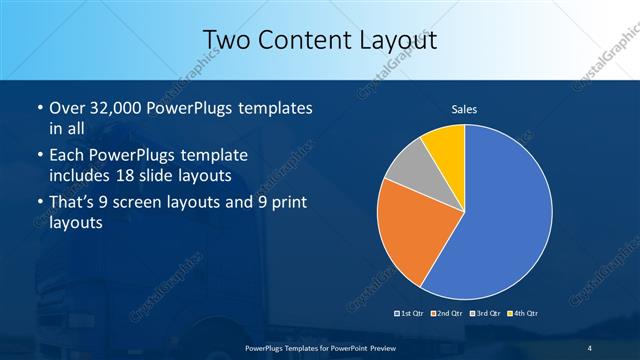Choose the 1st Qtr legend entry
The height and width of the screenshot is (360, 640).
click(411, 315)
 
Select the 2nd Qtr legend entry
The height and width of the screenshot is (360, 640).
click(447, 315)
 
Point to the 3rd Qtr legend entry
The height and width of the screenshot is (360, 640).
click(484, 315)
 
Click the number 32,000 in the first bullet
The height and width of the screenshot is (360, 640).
click(119, 107)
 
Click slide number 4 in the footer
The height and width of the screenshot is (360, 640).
click(590, 347)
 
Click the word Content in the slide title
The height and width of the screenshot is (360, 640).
click(301, 40)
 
